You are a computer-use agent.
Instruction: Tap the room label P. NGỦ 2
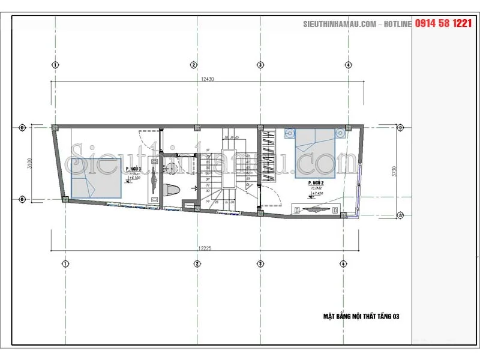point(316,182)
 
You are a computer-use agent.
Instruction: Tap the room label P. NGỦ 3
point(134,170)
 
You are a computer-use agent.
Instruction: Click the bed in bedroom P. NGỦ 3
point(97,178)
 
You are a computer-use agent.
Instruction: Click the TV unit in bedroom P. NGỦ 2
point(316,209)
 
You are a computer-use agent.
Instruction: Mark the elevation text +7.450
point(318,193)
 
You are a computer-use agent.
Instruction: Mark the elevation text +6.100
point(134,179)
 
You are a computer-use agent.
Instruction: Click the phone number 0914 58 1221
point(443,23)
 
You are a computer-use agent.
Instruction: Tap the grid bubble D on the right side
point(400,127)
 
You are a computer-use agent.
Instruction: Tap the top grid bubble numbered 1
point(55,65)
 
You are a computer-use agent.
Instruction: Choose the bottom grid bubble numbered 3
point(260,263)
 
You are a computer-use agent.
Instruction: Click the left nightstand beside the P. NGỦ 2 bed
point(289,132)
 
